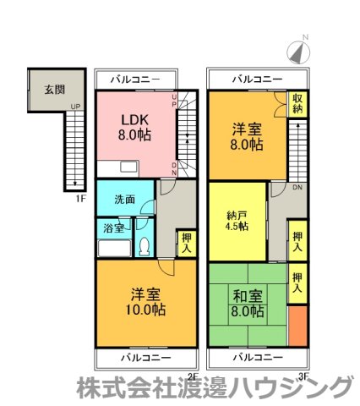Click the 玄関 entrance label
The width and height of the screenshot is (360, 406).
tap(55, 90)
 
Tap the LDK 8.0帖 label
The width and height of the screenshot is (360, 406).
tap(134, 128)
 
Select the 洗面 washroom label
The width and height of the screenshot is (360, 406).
tap(124, 200)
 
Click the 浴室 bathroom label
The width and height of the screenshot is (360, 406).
tap(113, 228)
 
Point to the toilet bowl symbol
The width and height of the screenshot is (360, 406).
tap(145, 246)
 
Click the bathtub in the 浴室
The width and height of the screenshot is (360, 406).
tap(114, 248)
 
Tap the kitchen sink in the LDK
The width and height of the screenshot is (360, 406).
tap(129, 167)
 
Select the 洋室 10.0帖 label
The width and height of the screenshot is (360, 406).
tap(145, 302)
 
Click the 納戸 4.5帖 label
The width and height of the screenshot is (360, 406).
tap(237, 221)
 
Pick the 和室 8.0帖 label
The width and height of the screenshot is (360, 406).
tap(248, 304)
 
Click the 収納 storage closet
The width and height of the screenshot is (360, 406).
tap(297, 104)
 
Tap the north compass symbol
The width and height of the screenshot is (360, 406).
tap(298, 52)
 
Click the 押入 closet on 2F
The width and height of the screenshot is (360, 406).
tap(187, 244)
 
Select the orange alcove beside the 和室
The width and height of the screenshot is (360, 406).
tap(297, 326)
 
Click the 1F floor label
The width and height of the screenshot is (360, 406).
tap(80, 199)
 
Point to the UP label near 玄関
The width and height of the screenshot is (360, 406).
tap(75, 107)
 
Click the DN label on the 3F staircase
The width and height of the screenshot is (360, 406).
tap(297, 187)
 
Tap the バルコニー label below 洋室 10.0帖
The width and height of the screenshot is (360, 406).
tap(146, 358)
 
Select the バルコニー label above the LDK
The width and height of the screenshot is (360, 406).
tap(135, 80)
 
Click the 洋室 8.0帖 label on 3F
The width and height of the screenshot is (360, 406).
tap(247, 137)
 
